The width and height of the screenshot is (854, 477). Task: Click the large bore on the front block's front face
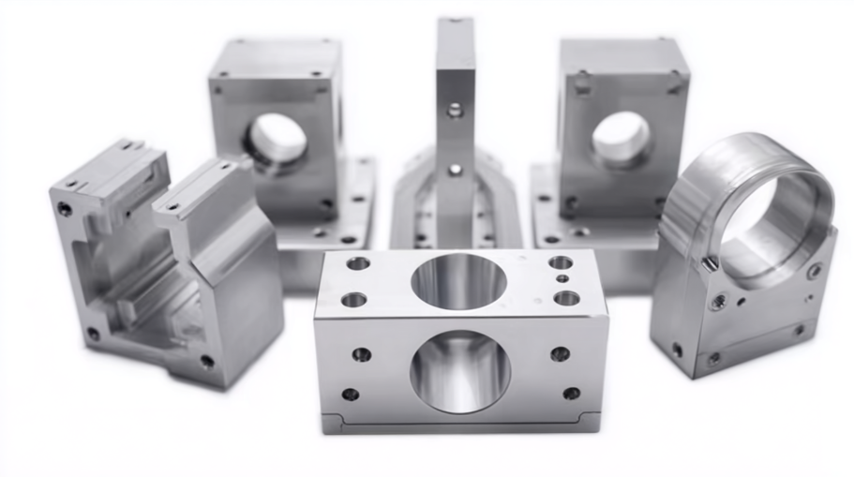pos(460,369)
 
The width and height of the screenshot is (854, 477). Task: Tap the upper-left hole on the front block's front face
pos(362,354)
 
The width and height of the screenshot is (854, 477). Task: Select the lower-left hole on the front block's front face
pos(351,395)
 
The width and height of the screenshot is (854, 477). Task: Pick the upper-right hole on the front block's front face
pos(560,353)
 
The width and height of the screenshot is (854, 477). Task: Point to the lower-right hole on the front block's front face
pos(571,394)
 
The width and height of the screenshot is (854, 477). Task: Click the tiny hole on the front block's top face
pos(562,278)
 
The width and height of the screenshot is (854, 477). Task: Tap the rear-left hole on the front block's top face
pos(358,263)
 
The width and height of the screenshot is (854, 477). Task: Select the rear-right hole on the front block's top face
pos(560,262)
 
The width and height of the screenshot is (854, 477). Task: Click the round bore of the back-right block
pos(621,138)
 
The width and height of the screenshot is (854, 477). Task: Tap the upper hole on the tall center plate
pos(455,111)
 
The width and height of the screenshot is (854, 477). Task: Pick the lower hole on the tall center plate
pos(455,170)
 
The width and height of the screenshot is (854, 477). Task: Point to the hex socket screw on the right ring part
pos(718,303)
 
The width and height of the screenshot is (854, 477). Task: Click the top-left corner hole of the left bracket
pos(65,209)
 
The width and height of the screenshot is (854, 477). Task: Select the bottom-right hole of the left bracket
pos(206,361)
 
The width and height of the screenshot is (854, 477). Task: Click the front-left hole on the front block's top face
pos(354,300)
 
